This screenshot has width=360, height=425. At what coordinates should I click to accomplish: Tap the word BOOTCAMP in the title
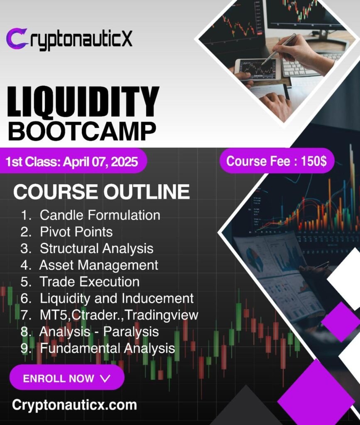pyautogui.click(x=82, y=131)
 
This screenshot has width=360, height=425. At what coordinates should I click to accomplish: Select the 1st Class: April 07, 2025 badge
pyautogui.click(x=73, y=161)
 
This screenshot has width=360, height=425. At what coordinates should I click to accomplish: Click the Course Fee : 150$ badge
pyautogui.click(x=277, y=161)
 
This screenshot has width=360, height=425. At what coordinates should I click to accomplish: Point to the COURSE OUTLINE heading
pyautogui.click(x=101, y=192)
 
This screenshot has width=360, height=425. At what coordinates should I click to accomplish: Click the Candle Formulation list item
pyautogui.click(x=91, y=215)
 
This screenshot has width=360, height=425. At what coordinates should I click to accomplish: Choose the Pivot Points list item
pyautogui.click(x=67, y=232)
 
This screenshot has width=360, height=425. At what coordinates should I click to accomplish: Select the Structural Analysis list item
pyautogui.click(x=87, y=249)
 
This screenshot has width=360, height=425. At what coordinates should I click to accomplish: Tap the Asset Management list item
pyautogui.click(x=89, y=265)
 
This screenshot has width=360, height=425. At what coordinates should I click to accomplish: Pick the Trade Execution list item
pyautogui.click(x=80, y=282)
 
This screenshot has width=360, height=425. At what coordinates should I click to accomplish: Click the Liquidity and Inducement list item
pyautogui.click(x=108, y=298)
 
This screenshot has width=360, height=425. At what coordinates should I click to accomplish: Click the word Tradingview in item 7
pyautogui.click(x=162, y=315)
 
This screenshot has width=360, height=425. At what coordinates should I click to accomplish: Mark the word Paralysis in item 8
pyautogui.click(x=131, y=332)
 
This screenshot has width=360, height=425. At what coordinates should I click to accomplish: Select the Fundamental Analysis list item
pyautogui.click(x=98, y=349)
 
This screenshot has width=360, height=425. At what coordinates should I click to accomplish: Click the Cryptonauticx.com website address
pyautogui.click(x=75, y=405)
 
